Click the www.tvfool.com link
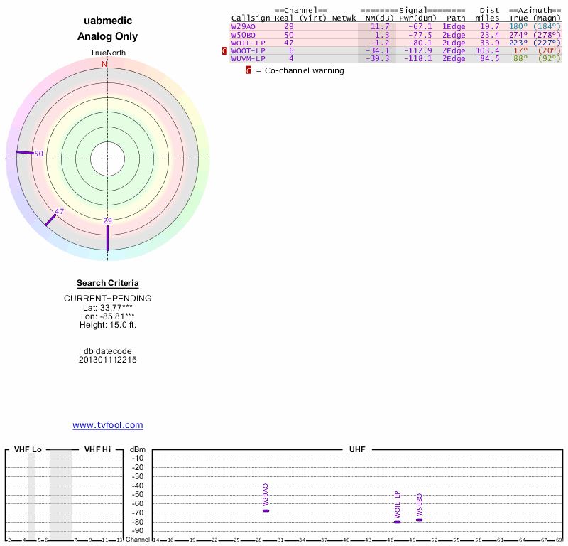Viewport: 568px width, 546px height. (x=108, y=425)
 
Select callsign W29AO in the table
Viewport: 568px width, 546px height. (x=243, y=26)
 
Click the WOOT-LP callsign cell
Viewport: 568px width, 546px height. (x=248, y=50)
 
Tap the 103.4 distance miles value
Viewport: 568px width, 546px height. (x=488, y=50)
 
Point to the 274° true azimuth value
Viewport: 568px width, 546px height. (x=519, y=34)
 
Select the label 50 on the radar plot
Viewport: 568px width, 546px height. (x=39, y=154)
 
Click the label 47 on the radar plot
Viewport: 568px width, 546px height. (x=60, y=211)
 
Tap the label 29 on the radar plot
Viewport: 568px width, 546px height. (x=108, y=221)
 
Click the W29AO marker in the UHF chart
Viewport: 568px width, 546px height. (x=266, y=510)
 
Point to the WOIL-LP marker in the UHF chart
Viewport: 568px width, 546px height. (x=398, y=522)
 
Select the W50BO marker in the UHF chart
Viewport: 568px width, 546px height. (x=420, y=520)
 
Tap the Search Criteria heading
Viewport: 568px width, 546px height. (x=108, y=283)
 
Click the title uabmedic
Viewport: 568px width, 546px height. (x=108, y=21)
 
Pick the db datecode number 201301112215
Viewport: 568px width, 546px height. (x=108, y=360)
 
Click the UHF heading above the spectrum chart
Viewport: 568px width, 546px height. (x=356, y=450)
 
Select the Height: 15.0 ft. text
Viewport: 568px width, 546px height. (x=108, y=325)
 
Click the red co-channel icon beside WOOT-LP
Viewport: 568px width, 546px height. (x=226, y=50)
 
